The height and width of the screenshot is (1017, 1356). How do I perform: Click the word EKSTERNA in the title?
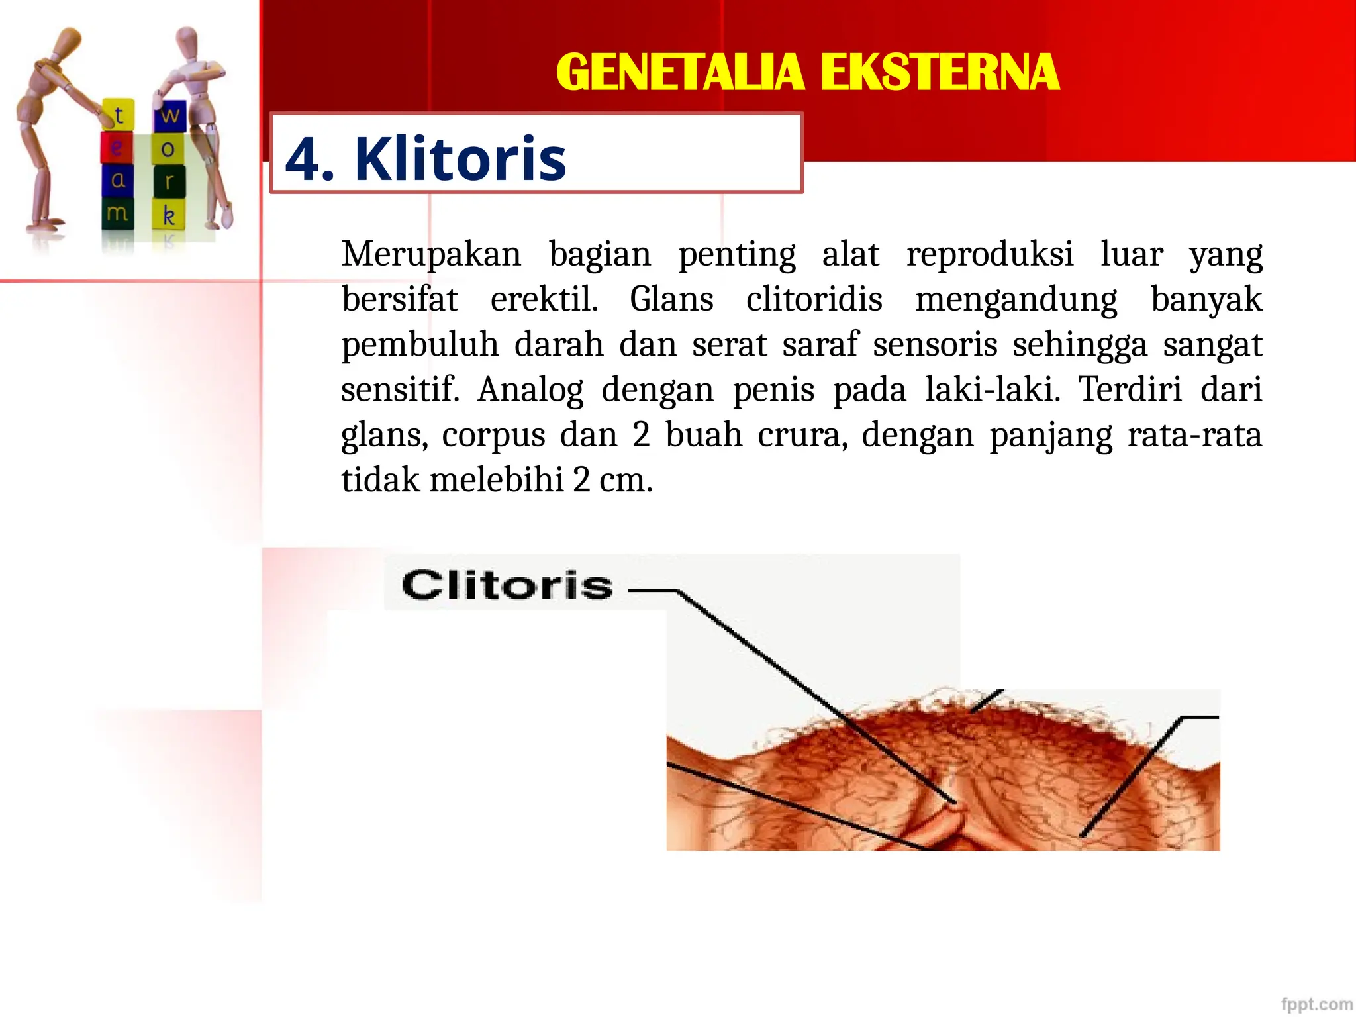pyautogui.click(x=940, y=72)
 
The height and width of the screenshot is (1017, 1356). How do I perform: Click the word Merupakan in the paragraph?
pyautogui.click(x=431, y=254)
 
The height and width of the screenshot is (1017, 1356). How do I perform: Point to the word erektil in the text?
pyautogui.click(x=544, y=299)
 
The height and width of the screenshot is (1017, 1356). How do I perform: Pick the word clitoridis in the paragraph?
pyautogui.click(x=814, y=299)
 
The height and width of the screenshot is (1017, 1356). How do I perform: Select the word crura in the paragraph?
pyautogui.click(x=802, y=435)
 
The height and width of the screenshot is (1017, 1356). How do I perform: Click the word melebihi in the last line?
pyautogui.click(x=497, y=480)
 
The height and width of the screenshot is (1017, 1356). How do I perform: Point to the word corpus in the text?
pyautogui.click(x=493, y=435)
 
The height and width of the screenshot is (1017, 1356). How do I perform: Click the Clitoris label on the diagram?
pyautogui.click(x=507, y=585)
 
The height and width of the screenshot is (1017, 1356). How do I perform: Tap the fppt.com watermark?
pyautogui.click(x=1316, y=1004)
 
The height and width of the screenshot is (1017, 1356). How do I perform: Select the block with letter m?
pyautogui.click(x=117, y=213)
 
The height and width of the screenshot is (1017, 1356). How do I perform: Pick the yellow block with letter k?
pyautogui.click(x=169, y=215)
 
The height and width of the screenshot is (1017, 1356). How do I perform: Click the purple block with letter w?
pyautogui.click(x=169, y=116)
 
